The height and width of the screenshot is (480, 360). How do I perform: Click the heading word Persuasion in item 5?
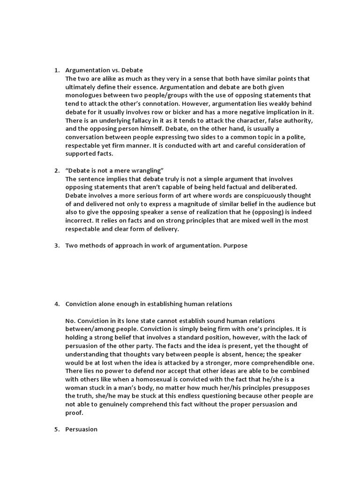82,429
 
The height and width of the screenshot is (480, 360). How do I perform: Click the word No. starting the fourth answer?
70,321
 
